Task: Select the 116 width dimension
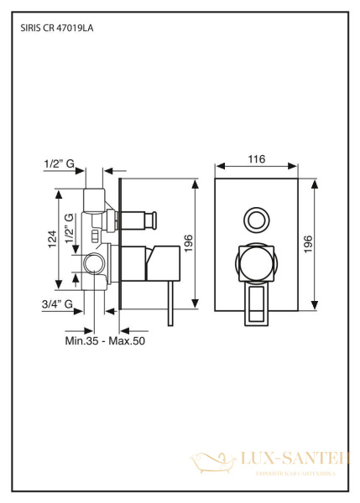[257, 158]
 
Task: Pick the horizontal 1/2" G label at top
[58, 166]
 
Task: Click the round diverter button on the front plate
[256, 221]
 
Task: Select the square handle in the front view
[256, 263]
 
